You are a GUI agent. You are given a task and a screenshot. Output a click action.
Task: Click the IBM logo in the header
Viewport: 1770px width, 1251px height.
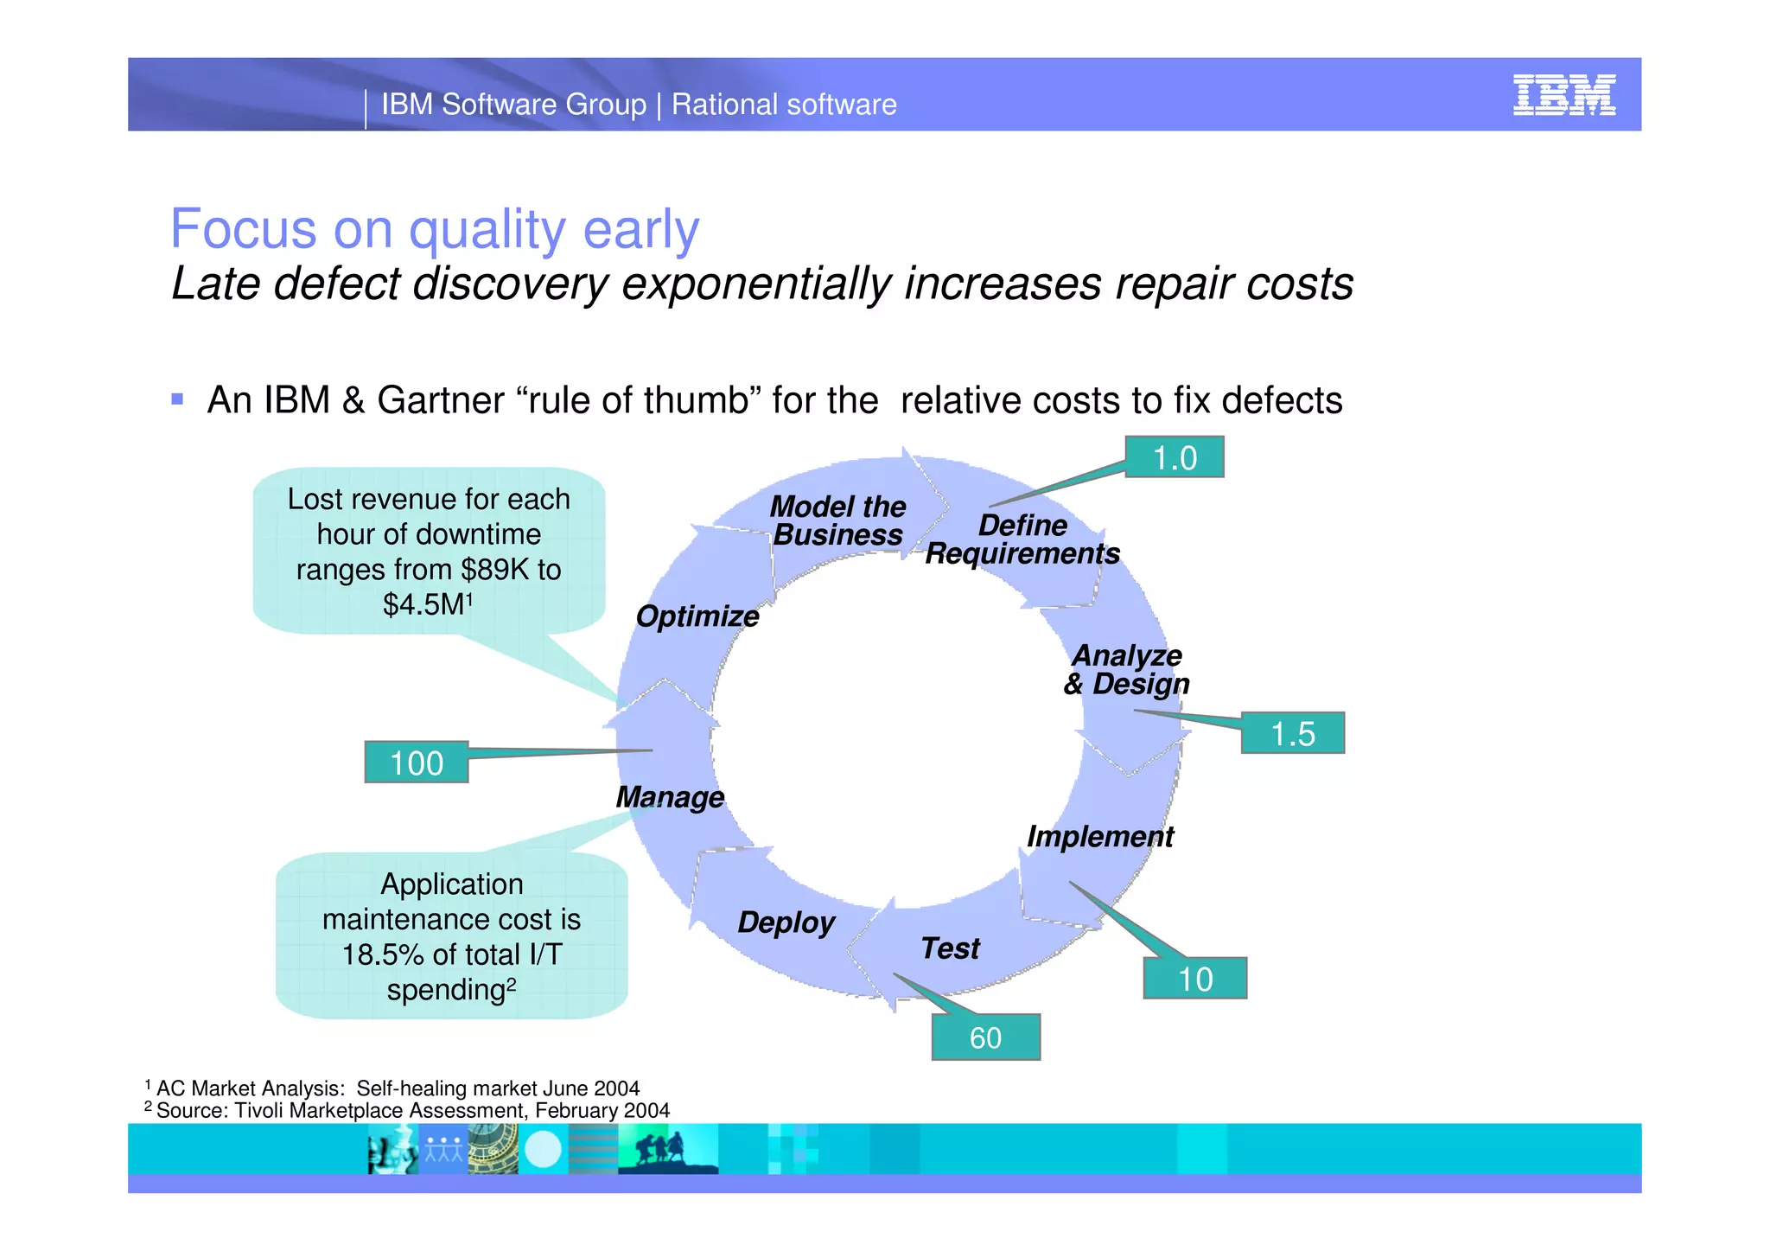[x=1563, y=95]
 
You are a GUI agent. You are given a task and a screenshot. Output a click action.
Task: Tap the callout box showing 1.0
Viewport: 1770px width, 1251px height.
[x=1174, y=457]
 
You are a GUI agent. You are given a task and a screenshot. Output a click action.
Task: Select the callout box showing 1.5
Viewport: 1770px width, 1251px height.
[x=1292, y=733]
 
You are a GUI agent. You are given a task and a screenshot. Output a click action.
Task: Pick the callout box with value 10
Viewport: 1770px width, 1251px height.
[x=1194, y=979]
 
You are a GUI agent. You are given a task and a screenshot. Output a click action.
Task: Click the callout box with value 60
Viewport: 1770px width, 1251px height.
[x=985, y=1037]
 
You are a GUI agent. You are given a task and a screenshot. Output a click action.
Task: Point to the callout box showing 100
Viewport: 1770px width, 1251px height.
[x=416, y=763]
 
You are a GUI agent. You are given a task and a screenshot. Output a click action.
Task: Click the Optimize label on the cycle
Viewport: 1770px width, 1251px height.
[x=697, y=616]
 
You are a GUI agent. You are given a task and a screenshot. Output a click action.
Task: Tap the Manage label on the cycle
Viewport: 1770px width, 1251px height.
[x=670, y=797]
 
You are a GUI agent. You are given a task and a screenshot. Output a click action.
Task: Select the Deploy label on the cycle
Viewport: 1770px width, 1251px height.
[x=786, y=922]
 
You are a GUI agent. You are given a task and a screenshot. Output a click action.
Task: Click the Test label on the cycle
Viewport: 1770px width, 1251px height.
[x=950, y=948]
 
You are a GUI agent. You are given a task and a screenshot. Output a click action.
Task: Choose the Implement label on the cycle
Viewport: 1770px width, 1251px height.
[x=1099, y=836]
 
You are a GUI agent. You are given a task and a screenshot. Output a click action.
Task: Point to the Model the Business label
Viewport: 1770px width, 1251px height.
[x=837, y=520]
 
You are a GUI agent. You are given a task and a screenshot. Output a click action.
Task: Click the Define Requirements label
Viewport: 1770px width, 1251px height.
[x=1022, y=539]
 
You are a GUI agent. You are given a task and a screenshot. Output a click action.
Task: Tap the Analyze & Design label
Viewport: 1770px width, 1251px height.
[x=1126, y=670]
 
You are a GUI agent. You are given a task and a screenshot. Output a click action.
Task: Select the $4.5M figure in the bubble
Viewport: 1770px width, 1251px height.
[x=424, y=605]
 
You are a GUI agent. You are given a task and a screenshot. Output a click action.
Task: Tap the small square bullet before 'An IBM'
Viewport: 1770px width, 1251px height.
[x=177, y=399]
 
